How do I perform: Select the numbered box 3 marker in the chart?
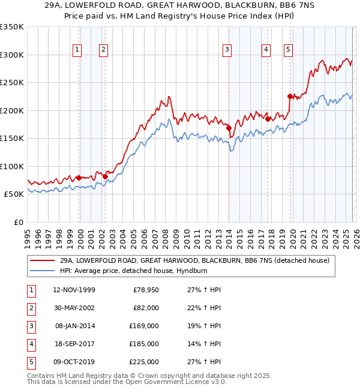[x=227, y=50]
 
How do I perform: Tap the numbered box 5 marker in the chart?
[x=289, y=50]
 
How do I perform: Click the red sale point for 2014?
[x=229, y=128]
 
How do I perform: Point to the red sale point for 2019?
[x=290, y=96]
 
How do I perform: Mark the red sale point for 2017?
[x=268, y=119]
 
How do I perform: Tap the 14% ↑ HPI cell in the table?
[x=203, y=344]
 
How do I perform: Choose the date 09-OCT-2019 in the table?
[x=74, y=362]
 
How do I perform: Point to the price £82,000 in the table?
[x=146, y=308]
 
